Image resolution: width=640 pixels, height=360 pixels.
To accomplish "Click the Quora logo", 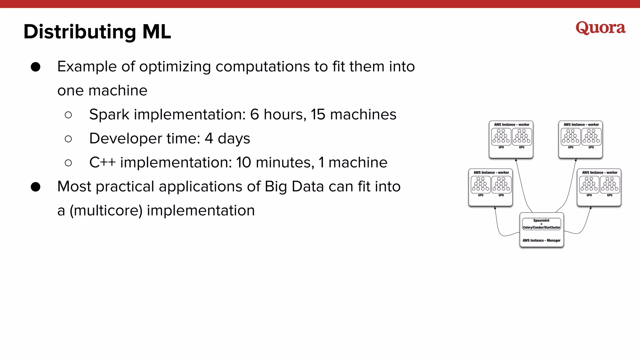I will (600, 28).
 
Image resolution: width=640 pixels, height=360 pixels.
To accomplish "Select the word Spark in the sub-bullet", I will (109, 115).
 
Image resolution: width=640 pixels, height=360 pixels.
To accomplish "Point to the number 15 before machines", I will (318, 115).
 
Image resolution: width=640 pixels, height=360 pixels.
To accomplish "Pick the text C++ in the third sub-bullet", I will (102, 162).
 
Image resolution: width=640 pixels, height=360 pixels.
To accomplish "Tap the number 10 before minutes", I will (243, 162).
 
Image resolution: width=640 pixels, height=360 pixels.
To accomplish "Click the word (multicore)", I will (106, 211).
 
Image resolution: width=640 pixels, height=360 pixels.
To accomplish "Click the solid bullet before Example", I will (36, 67).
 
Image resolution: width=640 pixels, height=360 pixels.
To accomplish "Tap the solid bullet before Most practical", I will (36, 187).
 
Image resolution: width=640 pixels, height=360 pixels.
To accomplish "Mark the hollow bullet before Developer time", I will (68, 139).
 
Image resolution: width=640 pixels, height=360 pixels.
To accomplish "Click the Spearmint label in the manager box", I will (541, 220).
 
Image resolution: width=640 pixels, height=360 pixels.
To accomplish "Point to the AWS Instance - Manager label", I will (541, 240).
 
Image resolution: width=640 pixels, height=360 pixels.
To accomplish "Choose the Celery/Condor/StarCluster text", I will (541, 227).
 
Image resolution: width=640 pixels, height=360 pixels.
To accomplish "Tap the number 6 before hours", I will (254, 115).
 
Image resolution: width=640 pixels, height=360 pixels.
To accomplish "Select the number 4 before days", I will (209, 139).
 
